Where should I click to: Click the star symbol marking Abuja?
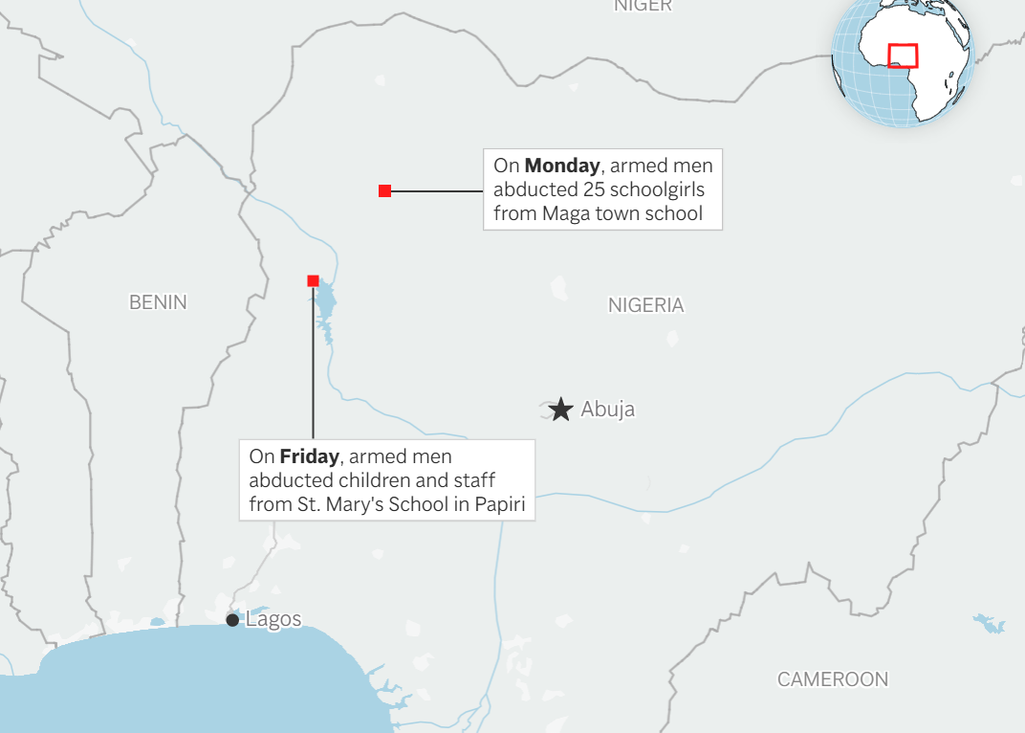pos(562,410)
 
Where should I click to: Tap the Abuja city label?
pos(607,410)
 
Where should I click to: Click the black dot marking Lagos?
pos(232,620)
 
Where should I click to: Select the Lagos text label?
pos(273,619)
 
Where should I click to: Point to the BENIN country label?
pos(158,302)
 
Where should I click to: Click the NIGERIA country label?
pos(646,305)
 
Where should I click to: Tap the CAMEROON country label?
pos(832,679)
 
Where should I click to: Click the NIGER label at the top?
pos(643,6)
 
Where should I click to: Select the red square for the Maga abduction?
pos(384,191)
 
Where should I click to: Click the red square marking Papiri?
pos(313,280)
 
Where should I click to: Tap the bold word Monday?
pos(561,165)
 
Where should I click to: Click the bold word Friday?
pos(309,456)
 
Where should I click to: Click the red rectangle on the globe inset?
pos(903,56)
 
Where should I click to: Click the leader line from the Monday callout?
pos(435,191)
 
